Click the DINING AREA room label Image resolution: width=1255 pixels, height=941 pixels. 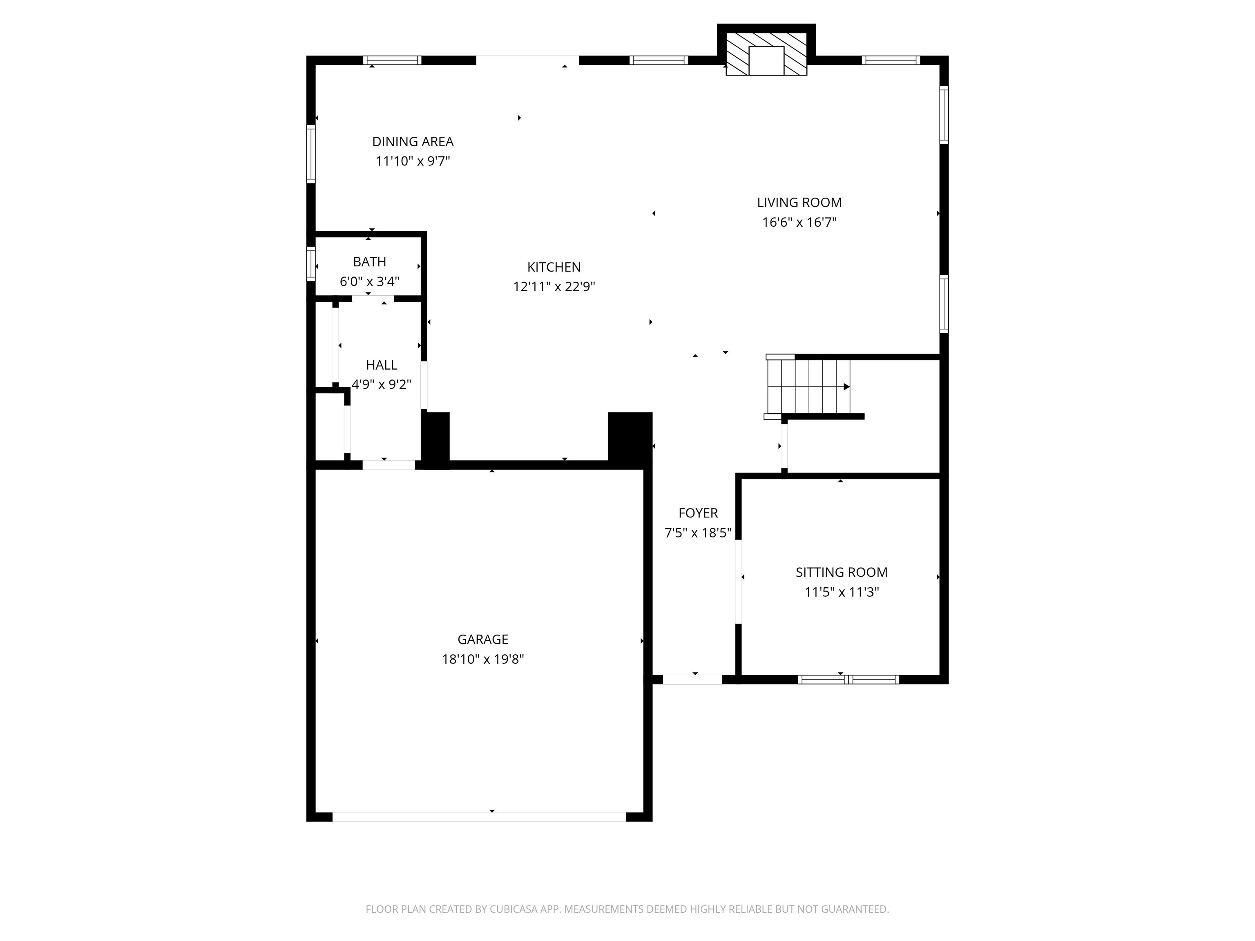point(413,142)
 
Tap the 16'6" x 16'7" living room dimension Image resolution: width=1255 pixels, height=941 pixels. point(799,222)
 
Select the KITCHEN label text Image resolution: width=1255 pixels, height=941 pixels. point(554,267)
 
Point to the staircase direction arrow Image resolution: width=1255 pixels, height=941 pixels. point(846,387)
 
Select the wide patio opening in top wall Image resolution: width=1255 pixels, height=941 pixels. point(527,60)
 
